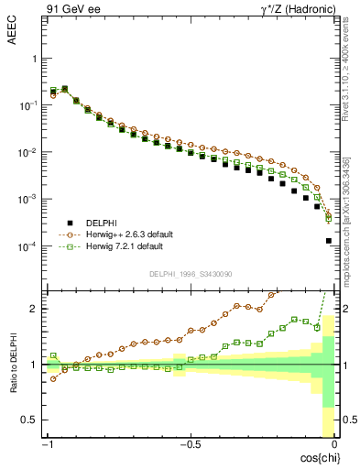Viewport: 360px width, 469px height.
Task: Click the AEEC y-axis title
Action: click(12, 31)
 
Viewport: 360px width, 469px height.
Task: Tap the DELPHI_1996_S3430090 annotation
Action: click(190, 273)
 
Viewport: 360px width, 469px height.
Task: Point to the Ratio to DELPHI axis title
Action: click(12, 364)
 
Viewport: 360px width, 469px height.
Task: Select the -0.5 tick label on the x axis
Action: click(189, 444)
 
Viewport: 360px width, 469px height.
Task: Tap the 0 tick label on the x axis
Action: click(334, 444)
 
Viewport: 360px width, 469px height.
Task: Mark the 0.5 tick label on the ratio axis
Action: click(29, 420)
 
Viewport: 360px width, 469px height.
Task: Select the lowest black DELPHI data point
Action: click(329, 241)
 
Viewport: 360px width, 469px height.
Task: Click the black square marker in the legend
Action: click(70, 223)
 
